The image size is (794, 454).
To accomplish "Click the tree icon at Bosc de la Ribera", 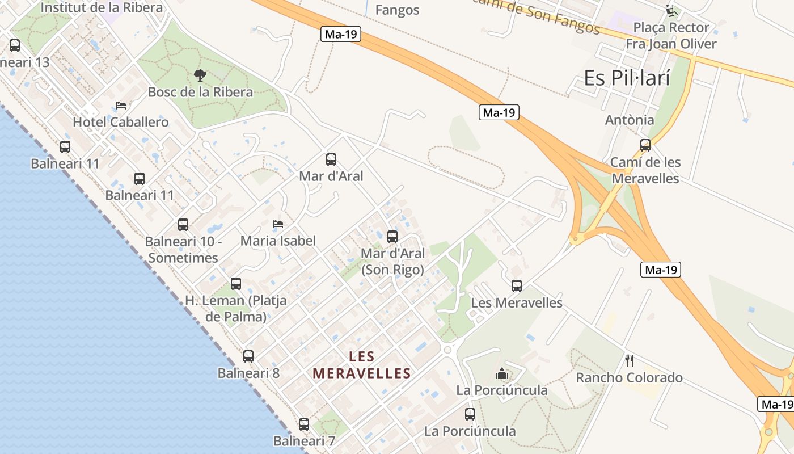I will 200,75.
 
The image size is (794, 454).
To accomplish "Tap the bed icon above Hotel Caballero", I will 120,106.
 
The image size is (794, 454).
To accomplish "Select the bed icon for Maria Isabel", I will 277,224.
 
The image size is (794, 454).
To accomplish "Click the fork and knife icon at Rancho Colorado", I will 629,360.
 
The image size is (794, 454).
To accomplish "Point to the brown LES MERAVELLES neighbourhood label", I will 362,365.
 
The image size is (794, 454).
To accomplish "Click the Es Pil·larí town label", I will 627,78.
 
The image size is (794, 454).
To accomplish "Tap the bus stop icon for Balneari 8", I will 248,356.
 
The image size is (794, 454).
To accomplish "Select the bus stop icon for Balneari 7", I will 304,424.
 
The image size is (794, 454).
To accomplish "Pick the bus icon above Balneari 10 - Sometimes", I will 183,224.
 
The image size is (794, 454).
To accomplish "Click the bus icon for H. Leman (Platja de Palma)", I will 236,284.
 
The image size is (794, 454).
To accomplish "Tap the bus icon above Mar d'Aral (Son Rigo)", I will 392,236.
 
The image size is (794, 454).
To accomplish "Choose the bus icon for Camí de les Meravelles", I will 645,145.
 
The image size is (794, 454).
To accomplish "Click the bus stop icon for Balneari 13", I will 15,45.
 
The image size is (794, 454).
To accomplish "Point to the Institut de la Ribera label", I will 102,8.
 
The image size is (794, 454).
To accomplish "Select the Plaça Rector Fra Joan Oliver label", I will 671,36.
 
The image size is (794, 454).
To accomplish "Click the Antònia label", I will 630,120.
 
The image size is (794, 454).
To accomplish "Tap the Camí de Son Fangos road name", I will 536,14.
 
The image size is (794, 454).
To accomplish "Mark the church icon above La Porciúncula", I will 502,374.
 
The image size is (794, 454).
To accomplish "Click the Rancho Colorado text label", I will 629,378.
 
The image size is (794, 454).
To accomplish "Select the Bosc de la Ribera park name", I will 200,92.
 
